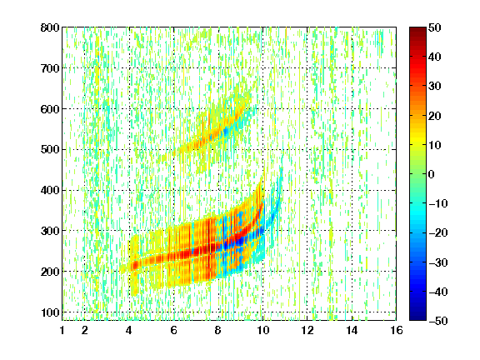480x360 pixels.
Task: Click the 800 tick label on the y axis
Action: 50,27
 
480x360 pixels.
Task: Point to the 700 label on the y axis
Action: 50,68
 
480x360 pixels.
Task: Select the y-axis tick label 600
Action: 50,109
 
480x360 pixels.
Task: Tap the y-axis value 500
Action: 50,150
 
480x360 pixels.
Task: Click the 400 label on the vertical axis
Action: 50,190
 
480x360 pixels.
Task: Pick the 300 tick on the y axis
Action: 50,231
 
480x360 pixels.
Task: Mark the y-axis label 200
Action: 50,272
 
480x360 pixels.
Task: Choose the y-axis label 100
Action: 50,312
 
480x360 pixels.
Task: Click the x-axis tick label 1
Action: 62,330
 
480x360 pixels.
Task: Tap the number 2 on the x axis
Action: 85,330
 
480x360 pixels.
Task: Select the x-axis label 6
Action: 173,330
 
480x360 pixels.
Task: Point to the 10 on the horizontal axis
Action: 262,330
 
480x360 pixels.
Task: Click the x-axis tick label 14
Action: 352,330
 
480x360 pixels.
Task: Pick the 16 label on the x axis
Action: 396,330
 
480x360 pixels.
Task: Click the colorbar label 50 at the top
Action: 434,27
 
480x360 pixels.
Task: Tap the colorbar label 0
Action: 432,174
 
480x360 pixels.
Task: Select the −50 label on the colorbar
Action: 438,321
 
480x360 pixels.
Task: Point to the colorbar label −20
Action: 438,232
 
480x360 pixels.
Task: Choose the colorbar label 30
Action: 434,87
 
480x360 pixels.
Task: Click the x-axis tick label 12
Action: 307,330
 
